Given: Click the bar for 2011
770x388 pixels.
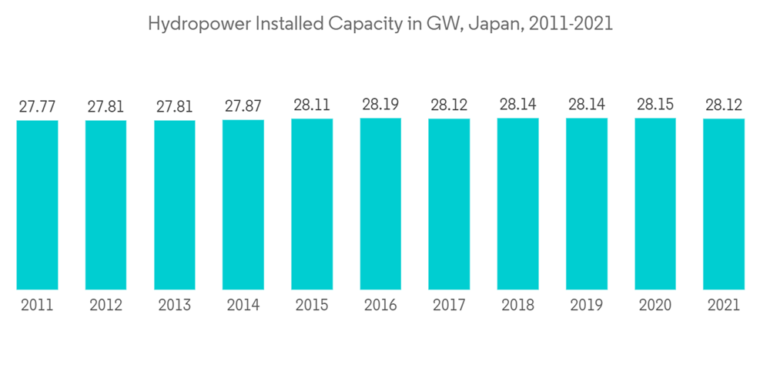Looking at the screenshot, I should point(37,205).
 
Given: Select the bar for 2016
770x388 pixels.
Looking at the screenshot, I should point(380,204).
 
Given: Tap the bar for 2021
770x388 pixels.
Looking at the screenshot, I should point(724,204).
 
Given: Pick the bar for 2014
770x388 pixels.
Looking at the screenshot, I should point(243,205).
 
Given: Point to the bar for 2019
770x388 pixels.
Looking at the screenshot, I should point(587,204).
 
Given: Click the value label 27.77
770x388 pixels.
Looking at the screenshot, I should point(37,106).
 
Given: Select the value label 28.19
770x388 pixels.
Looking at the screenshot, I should point(380,104).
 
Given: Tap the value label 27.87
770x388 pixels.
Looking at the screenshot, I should point(243,106).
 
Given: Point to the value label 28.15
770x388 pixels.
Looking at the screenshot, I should point(655,104).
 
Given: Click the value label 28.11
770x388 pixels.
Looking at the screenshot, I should point(312,105).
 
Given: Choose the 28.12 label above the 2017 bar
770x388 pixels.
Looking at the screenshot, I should point(449,105).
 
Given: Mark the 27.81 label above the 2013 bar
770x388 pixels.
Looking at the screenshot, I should point(175,106).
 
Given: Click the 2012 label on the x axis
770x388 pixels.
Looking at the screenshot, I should point(106,305).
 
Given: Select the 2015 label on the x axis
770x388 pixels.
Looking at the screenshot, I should point(312,305).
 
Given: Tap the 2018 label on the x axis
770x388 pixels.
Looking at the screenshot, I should point(518,305).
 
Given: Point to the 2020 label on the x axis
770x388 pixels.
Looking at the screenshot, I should point(655,305).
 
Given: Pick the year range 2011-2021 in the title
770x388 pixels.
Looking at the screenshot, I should point(571,24).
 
